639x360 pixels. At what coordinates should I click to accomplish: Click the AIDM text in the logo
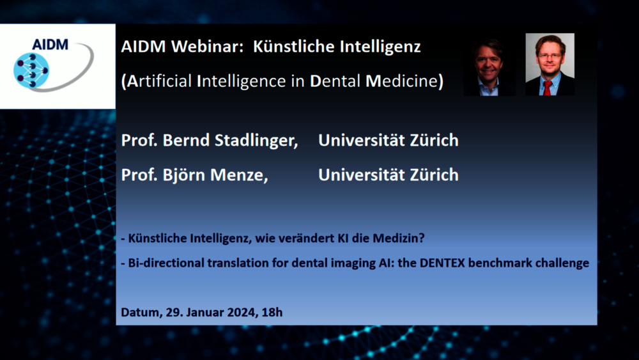point(50,44)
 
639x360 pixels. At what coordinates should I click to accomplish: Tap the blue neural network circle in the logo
point(31,70)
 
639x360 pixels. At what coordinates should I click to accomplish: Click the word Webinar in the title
point(208,46)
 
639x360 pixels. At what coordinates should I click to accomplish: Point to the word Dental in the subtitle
point(335,81)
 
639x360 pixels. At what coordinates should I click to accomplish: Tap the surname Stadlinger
point(256,141)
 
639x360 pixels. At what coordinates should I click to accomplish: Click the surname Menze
point(239,175)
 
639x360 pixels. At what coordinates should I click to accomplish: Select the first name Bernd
point(186,140)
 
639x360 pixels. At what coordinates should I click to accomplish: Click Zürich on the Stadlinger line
point(434,140)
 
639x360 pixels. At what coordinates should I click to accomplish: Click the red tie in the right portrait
point(548,88)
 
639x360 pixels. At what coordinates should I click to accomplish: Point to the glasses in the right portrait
point(550,56)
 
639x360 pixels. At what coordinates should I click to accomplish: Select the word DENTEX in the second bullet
point(442,263)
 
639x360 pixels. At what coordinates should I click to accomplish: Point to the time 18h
point(272,312)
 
